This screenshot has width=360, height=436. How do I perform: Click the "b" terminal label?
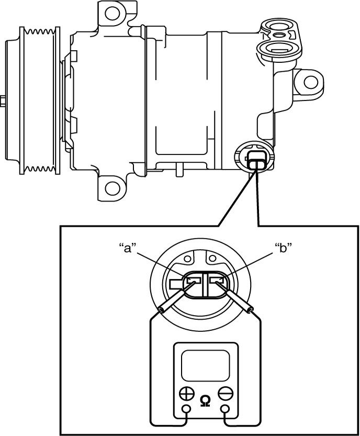point(284,248)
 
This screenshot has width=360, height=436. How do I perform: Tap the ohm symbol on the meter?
point(205,401)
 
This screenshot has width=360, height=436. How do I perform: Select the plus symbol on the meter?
point(186,394)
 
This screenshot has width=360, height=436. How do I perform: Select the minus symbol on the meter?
point(226,394)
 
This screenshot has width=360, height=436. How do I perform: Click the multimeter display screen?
point(206,365)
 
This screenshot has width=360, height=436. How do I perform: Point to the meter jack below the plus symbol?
point(186,409)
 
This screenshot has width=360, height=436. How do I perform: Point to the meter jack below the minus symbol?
point(225,409)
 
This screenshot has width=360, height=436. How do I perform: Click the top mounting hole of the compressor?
point(113,14)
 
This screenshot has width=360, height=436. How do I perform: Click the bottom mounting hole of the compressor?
point(113,188)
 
